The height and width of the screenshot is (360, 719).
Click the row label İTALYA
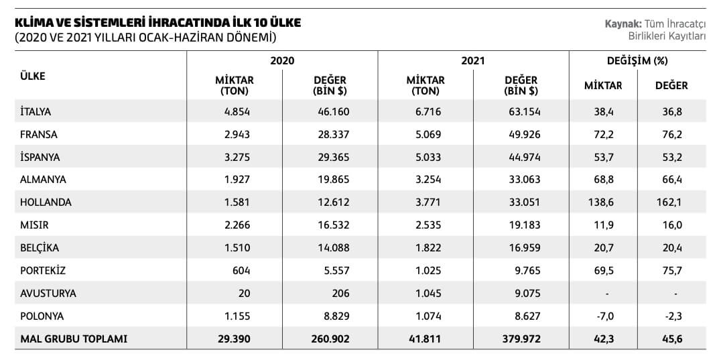pos(36,112)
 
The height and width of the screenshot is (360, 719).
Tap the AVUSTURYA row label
pos(48,293)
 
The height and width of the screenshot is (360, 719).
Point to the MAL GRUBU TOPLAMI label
pos(74,339)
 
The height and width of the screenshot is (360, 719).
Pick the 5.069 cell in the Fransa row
pos(429,135)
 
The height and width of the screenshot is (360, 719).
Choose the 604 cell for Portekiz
pos(243,270)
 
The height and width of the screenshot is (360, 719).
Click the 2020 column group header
pos(282,60)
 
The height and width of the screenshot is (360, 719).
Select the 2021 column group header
pos(473,60)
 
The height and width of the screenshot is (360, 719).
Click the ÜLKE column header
pos(33,76)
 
